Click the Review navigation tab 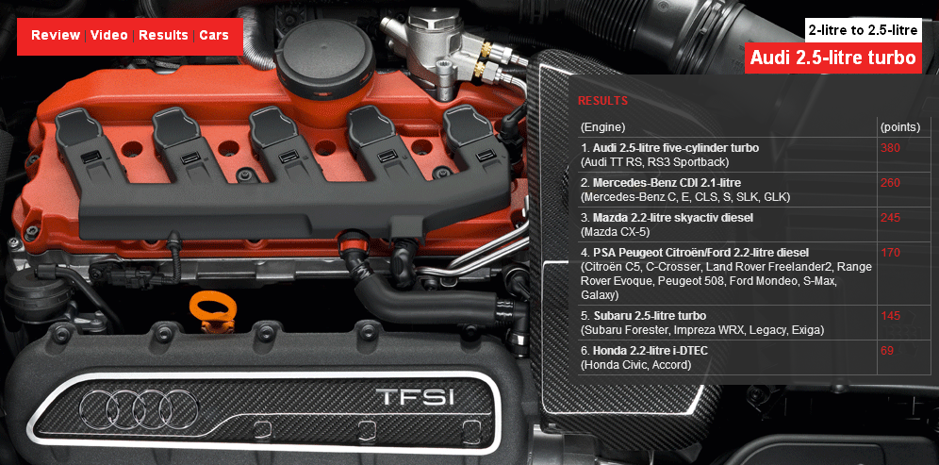click(x=55, y=35)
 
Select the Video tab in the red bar click(x=109, y=35)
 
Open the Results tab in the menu click(x=163, y=35)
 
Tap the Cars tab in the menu click(x=214, y=35)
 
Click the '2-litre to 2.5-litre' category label click(x=863, y=30)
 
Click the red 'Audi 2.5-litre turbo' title click(x=833, y=58)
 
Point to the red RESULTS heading click(x=602, y=101)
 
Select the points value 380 click(x=891, y=147)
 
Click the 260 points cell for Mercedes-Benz click(x=891, y=183)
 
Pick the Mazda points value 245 click(x=891, y=218)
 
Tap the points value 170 click(x=891, y=253)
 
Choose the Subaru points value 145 click(x=891, y=315)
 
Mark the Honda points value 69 click(x=887, y=350)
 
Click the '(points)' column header click(x=899, y=127)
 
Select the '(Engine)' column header click(x=602, y=127)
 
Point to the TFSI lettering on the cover click(x=415, y=397)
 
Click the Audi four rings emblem click(x=139, y=407)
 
